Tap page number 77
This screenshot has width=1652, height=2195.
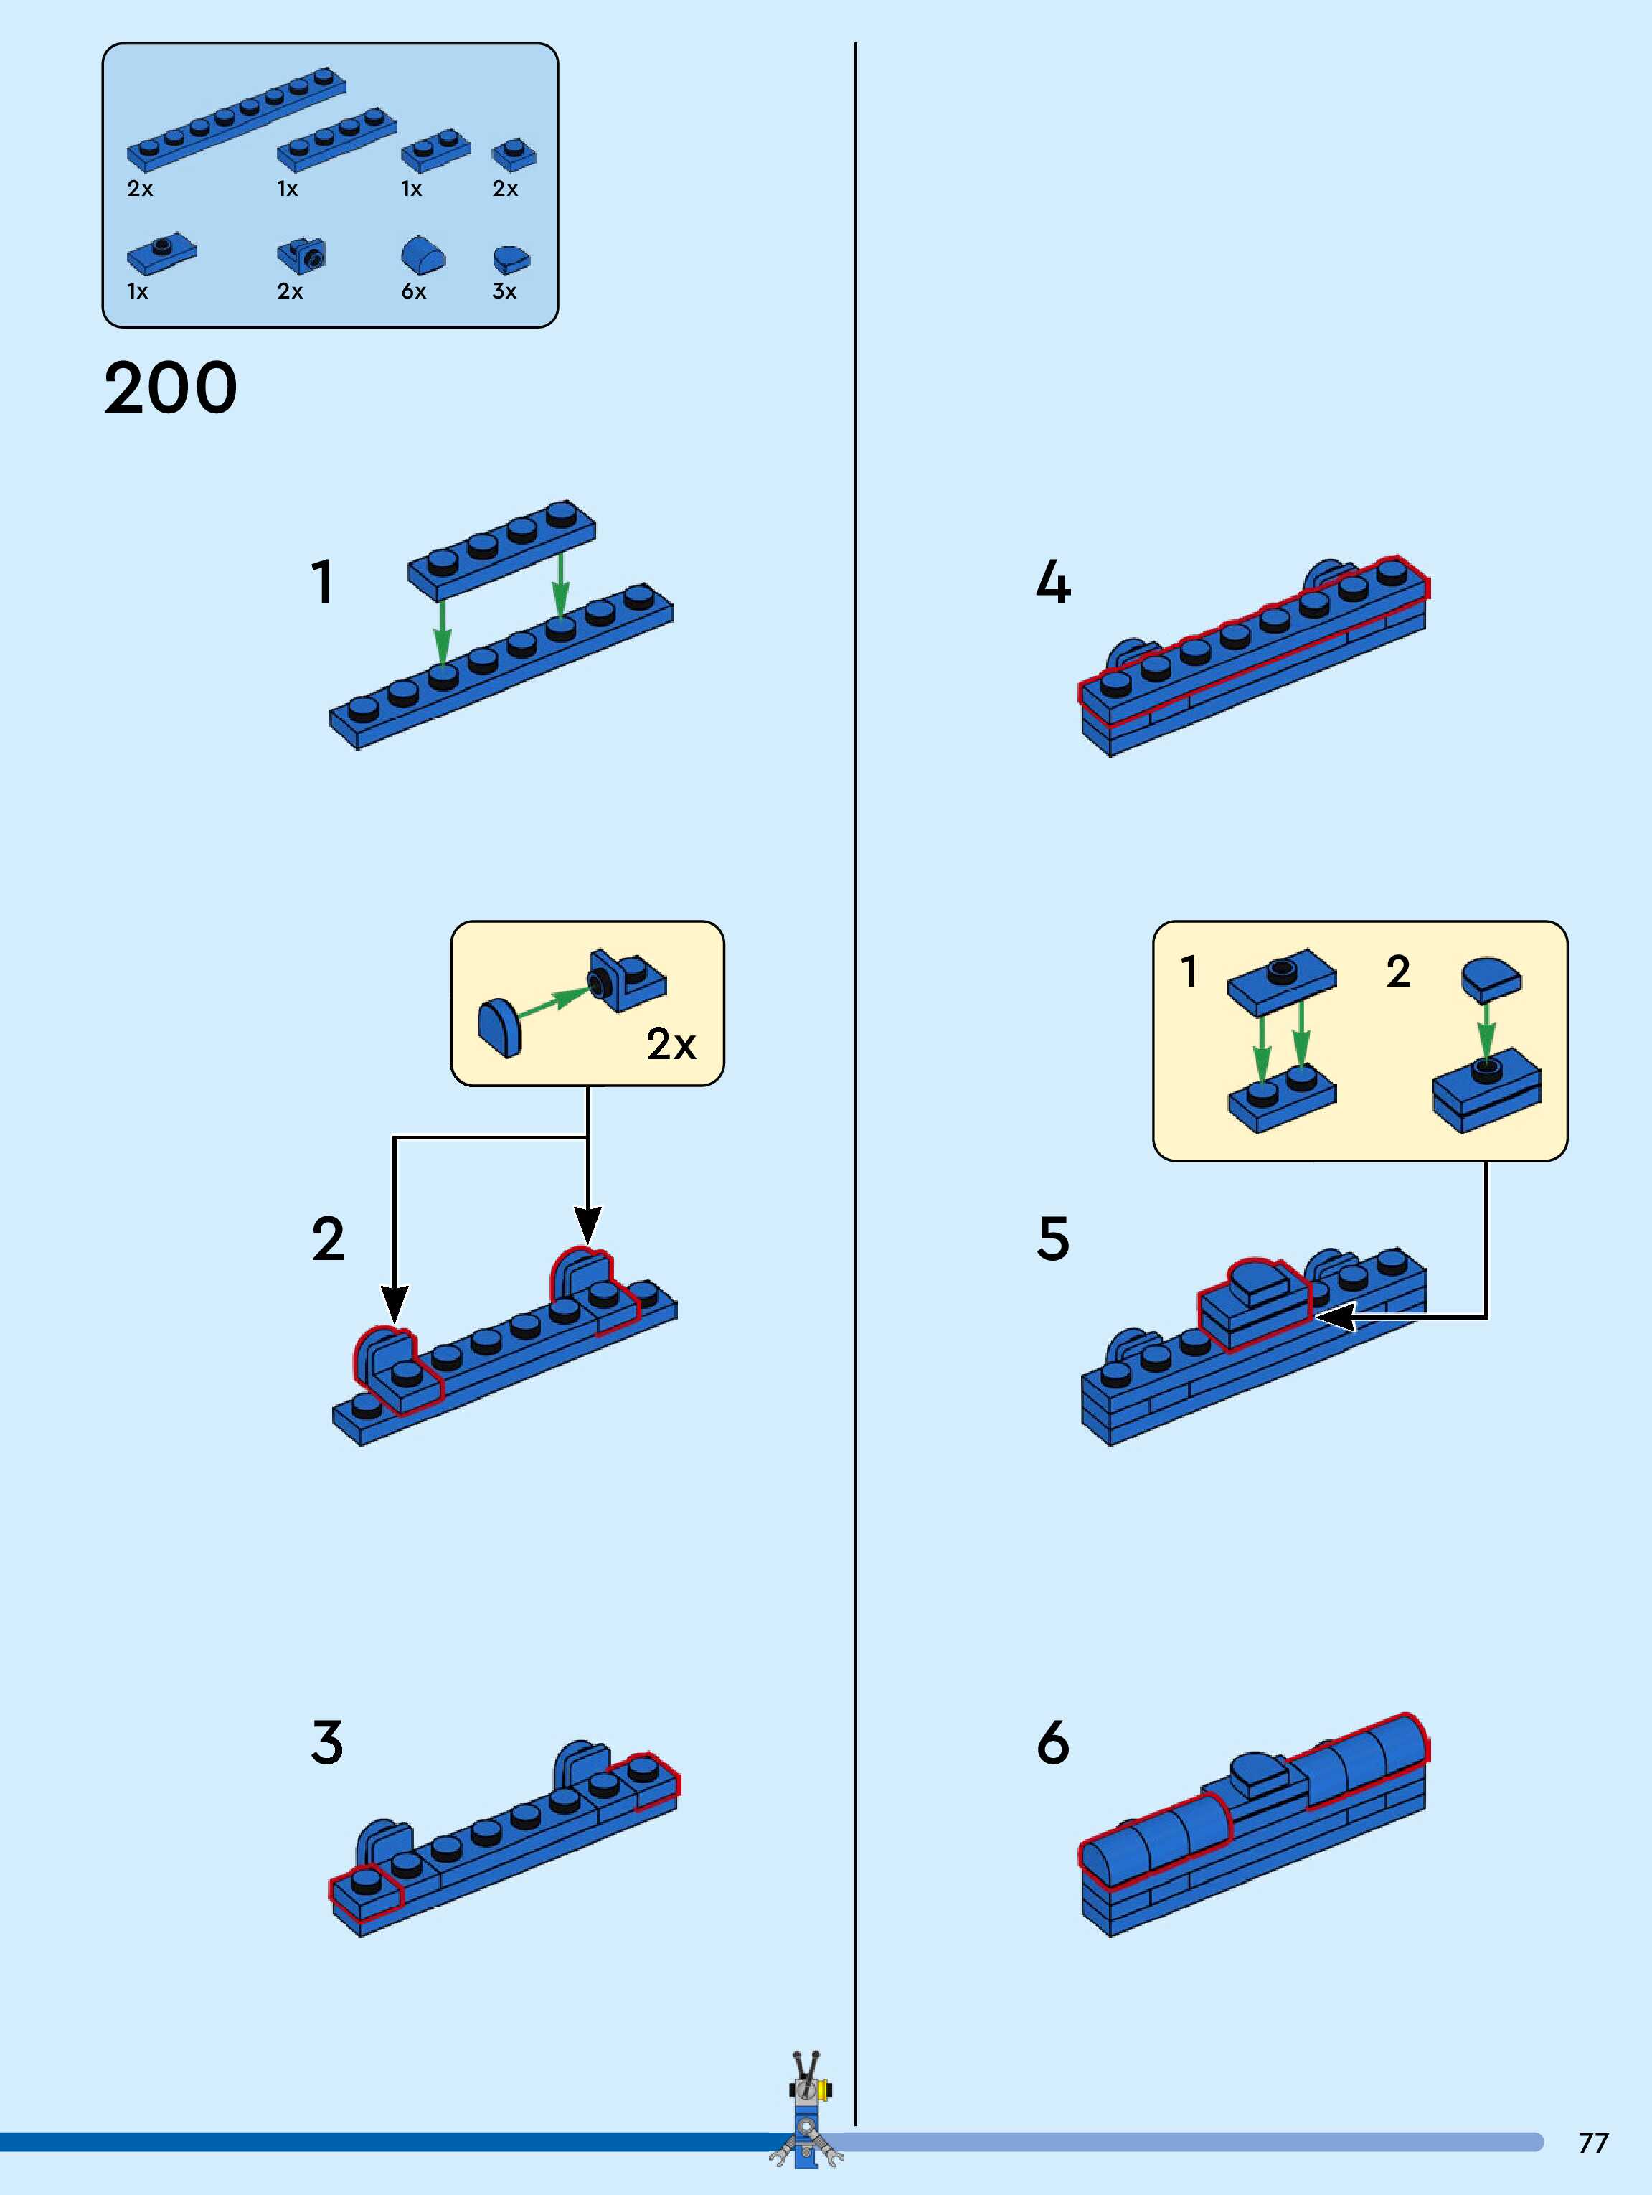tap(1592, 2143)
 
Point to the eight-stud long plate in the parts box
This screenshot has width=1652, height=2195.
tap(236, 119)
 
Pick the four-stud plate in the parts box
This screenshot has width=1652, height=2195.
tap(336, 139)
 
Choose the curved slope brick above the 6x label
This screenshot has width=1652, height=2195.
tap(423, 256)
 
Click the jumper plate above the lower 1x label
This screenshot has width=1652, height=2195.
tap(161, 254)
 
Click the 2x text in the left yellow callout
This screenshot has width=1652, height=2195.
tap(671, 1044)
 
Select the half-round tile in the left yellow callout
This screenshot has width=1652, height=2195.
tap(499, 1028)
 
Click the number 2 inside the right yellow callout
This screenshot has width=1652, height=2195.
tap(1398, 972)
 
